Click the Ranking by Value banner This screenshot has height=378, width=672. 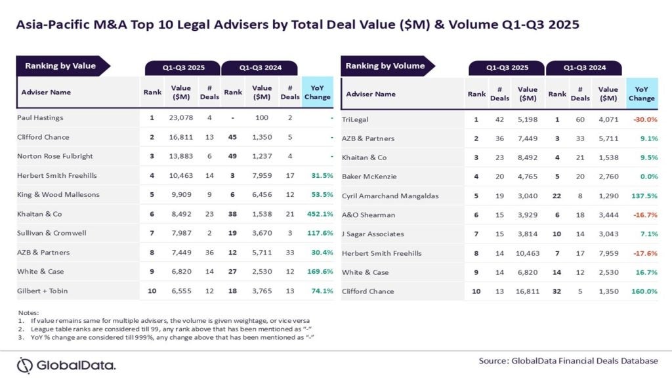[60, 66]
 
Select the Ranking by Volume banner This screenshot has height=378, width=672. [385, 66]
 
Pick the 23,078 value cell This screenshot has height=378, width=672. [181, 118]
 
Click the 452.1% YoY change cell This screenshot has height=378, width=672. [318, 213]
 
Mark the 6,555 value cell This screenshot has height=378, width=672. [181, 291]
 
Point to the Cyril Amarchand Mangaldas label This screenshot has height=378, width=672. [390, 196]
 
